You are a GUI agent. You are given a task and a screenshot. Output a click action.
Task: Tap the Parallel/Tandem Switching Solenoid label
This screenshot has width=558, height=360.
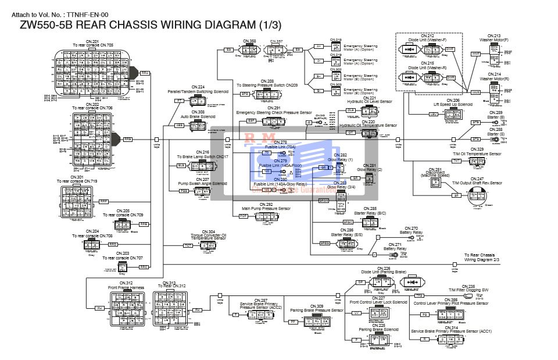click(198, 91)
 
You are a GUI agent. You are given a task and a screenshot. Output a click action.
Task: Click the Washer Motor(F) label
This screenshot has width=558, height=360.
click(493, 40)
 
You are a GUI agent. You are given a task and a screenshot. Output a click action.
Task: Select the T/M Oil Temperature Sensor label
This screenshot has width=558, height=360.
click(477, 154)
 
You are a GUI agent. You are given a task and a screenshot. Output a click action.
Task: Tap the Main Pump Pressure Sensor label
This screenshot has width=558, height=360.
click(266, 208)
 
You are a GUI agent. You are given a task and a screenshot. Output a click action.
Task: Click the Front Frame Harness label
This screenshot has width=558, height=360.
click(126, 287)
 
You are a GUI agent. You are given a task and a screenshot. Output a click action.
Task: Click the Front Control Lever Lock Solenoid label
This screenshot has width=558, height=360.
click(378, 302)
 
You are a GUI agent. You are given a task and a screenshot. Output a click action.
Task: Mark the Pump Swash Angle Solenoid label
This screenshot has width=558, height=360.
click(202, 183)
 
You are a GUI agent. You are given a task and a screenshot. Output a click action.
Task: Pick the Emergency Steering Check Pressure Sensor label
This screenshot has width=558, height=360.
click(274, 112)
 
